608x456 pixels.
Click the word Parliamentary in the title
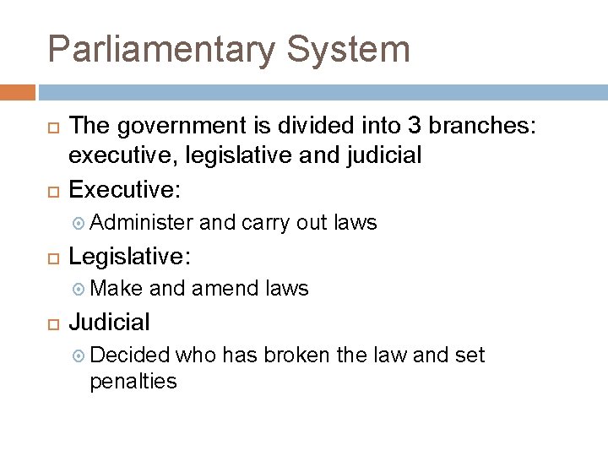[160, 49]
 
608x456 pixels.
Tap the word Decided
[129, 356]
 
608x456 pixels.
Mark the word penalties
[133, 381]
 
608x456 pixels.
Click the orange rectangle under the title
[18, 91]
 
